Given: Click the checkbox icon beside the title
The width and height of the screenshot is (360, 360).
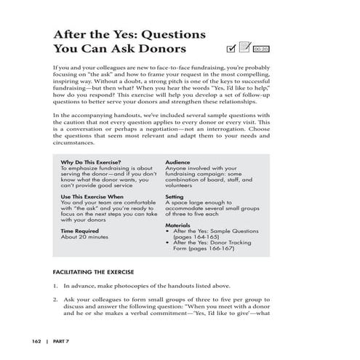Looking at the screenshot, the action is tap(232, 49).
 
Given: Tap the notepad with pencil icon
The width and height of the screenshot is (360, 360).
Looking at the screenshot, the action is tap(245, 48).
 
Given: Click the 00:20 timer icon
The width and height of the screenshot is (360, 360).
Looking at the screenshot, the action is tap(262, 49).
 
